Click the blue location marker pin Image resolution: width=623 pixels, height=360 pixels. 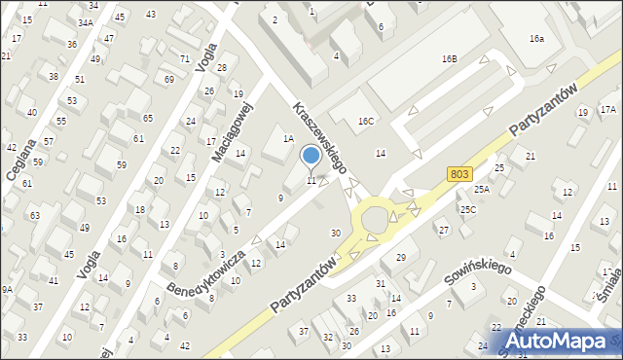311,156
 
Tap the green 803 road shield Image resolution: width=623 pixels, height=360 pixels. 461,173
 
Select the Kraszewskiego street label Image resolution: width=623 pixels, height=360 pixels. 319,139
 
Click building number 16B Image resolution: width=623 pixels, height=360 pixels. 449,59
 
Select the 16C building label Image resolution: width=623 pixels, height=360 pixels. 365,122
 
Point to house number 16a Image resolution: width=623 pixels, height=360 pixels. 536,39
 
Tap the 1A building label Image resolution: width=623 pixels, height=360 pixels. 288,139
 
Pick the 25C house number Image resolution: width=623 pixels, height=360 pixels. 468,209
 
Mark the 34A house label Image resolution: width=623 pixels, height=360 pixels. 86,22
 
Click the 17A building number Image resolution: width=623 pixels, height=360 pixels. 607,110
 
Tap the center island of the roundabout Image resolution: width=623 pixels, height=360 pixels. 374,222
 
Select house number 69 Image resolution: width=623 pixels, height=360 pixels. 169,79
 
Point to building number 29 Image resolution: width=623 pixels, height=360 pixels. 400,257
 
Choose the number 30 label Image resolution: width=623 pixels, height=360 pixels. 336,233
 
